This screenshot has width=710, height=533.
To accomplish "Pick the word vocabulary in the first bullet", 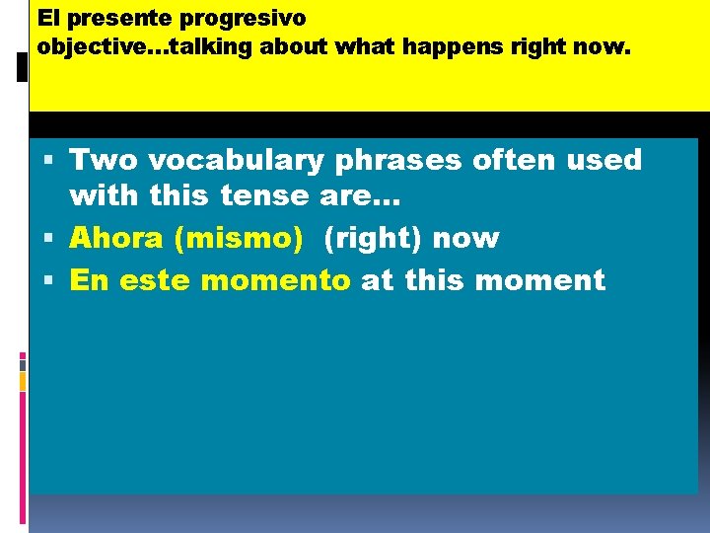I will (243, 160).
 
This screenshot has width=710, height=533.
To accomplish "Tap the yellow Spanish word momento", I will (274, 280).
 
